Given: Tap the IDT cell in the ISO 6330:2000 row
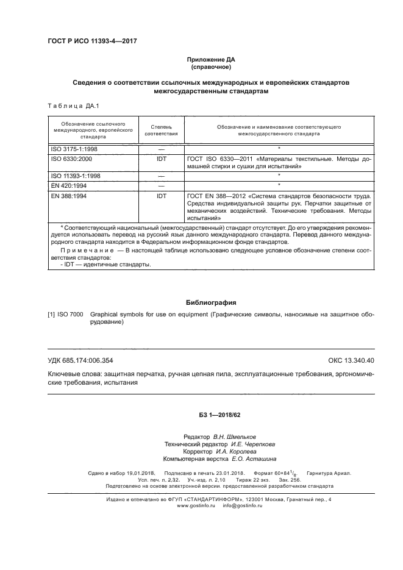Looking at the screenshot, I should (162, 158).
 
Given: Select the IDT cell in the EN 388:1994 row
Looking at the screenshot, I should (162, 196).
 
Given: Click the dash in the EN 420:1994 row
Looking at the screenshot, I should (162, 185).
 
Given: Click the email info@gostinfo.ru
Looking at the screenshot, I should (232, 507).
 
